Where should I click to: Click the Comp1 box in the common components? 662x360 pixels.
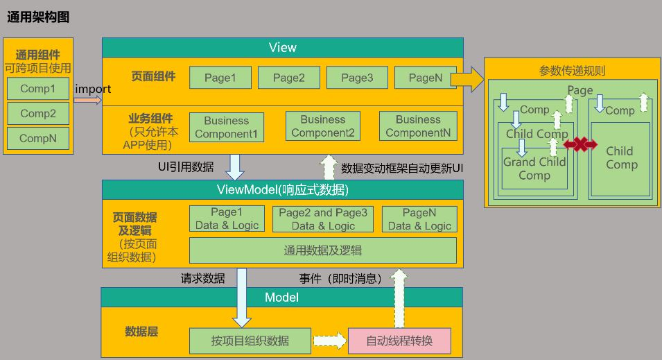[38, 89]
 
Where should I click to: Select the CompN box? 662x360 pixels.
[38, 137]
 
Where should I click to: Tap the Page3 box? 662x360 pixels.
[357, 78]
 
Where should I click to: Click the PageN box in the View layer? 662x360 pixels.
[425, 78]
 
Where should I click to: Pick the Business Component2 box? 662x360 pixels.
[322, 126]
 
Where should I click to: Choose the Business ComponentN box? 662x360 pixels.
[418, 126]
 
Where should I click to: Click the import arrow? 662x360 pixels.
[87, 100]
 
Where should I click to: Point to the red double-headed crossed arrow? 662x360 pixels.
[580, 144]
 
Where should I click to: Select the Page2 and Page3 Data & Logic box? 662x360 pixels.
[322, 219]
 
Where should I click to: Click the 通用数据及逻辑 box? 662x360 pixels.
[322, 250]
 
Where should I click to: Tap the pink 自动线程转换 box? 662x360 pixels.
[399, 341]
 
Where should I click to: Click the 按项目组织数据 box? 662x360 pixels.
[250, 341]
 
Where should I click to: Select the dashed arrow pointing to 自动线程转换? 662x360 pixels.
[329, 341]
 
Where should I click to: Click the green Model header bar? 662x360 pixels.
[282, 298]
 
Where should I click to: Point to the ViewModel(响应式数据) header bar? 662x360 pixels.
[282, 189]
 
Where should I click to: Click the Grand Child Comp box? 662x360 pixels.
[534, 169]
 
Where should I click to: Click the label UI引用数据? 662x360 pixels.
[186, 167]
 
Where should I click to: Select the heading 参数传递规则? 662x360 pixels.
[572, 71]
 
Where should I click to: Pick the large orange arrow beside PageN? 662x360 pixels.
[468, 79]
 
